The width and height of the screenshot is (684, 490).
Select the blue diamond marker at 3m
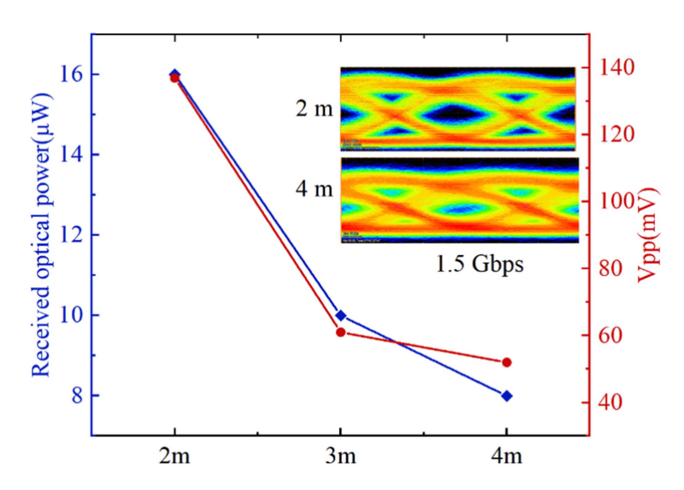pos(341,316)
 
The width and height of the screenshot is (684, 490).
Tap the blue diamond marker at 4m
pos(507,396)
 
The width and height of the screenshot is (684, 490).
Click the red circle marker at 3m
pos(341,332)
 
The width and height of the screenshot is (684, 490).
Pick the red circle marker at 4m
pos(507,362)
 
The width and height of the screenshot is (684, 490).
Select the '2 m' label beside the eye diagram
pos(314,109)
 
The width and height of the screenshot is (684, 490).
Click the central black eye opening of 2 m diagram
pos(453,114)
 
